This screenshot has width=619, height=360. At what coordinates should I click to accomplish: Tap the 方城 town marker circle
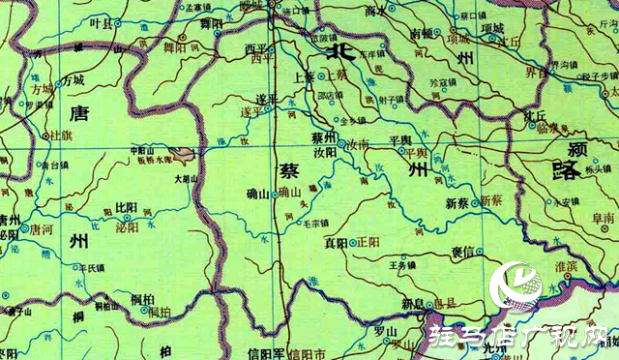[58, 84]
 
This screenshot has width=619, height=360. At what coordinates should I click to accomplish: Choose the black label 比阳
[126, 207]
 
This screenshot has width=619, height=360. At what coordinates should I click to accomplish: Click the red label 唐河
[42, 230]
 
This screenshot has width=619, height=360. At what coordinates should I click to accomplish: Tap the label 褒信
[463, 251]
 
